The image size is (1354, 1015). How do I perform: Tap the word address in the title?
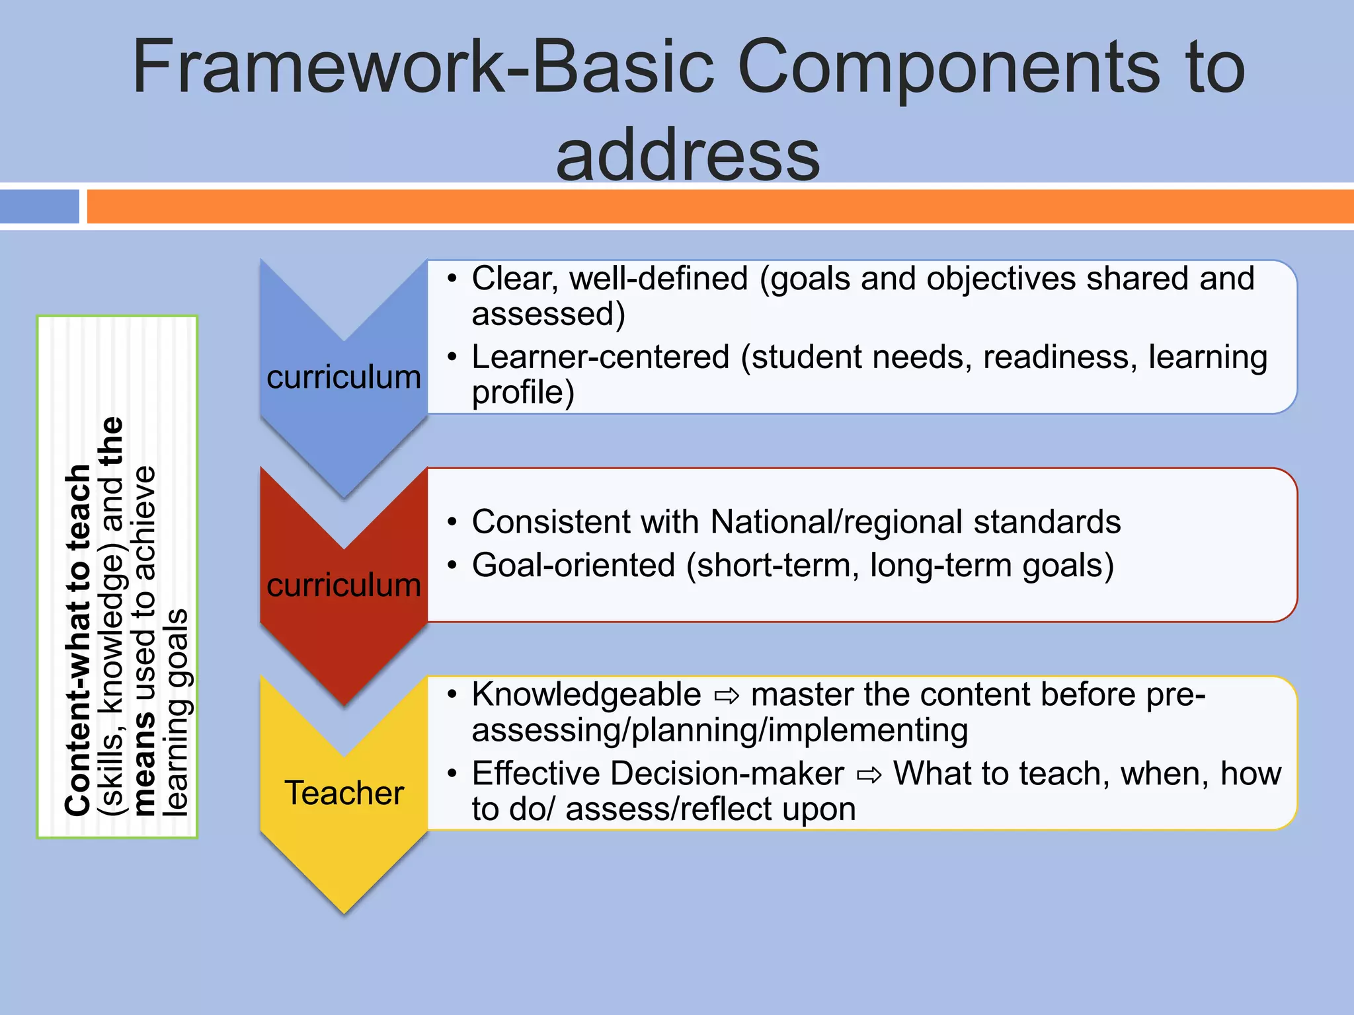click(688, 156)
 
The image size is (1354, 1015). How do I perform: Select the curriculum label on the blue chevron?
click(344, 377)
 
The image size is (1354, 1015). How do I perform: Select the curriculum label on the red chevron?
click(344, 585)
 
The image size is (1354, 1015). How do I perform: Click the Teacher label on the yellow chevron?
click(344, 793)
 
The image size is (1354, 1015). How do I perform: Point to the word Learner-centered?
click(600, 357)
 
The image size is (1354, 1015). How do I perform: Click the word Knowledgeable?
click(586, 695)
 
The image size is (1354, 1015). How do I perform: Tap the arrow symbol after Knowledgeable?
click(727, 696)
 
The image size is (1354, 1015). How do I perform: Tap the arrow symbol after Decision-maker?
click(869, 775)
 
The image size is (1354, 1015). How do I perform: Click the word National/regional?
click(836, 522)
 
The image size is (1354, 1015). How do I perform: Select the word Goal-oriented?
click(573, 566)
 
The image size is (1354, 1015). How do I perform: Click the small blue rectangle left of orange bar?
click(40, 206)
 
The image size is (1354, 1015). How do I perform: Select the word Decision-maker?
click(727, 774)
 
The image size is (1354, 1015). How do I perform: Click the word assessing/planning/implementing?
click(719, 731)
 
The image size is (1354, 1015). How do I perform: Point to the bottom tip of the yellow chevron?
click(344, 912)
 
